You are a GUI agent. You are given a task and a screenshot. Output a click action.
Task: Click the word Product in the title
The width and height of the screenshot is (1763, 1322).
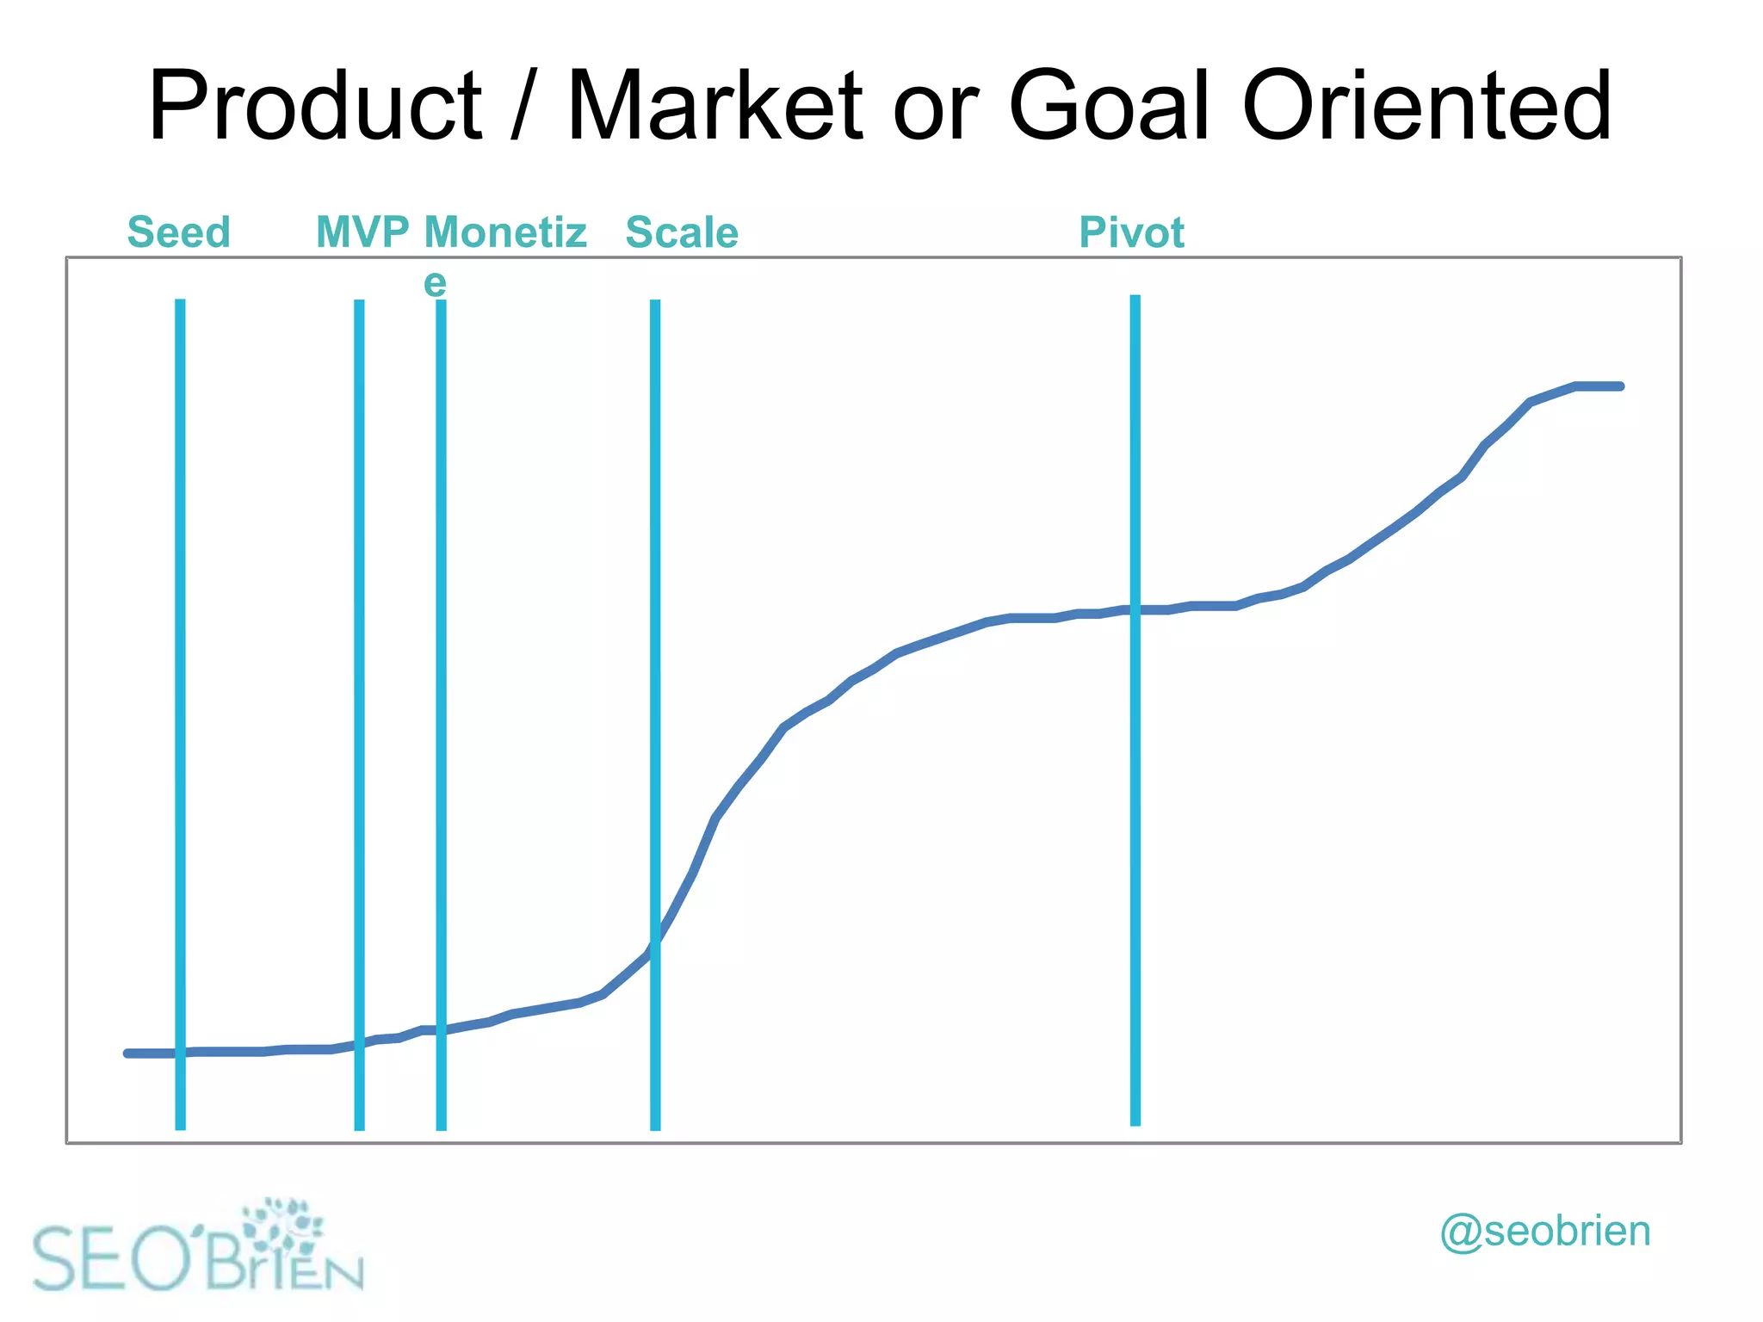pos(315,107)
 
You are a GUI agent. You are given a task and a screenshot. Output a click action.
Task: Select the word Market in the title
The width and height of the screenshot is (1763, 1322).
pos(714,107)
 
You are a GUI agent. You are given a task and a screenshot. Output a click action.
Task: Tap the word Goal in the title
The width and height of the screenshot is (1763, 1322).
pos(1110,107)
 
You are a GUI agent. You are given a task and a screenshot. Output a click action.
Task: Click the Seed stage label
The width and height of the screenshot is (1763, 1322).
pos(179,232)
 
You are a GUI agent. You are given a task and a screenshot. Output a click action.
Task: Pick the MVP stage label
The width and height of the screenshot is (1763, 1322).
pos(362,232)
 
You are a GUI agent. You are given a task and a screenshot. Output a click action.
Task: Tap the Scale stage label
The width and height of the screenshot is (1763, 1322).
pos(682,233)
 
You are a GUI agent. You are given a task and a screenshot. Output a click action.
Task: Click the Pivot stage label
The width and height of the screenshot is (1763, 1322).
pos(1132,233)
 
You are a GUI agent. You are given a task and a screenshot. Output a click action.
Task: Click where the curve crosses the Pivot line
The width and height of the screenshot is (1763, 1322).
pos(1135,610)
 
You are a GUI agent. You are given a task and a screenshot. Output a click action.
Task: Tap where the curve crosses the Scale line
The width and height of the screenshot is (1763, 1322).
pos(655,943)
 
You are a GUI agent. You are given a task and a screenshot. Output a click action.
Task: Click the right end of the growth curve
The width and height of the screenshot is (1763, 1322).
pos(1620,386)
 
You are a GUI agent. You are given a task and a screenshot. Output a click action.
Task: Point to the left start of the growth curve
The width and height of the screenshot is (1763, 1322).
pos(128,1053)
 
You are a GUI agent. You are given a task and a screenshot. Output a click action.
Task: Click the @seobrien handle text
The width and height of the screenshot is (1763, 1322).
pos(1545,1232)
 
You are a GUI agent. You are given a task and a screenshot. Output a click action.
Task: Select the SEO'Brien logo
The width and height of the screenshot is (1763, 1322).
pos(198,1247)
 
